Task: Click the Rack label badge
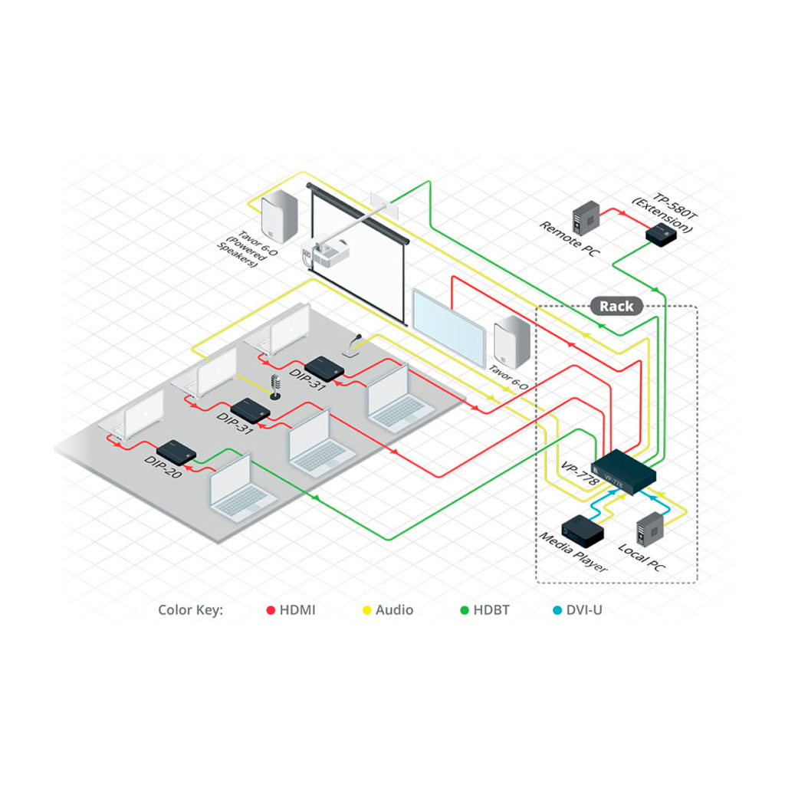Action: [616, 307]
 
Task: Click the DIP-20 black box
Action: [176, 450]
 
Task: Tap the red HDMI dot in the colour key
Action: [270, 611]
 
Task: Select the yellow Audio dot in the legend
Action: [366, 611]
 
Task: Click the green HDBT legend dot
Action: [464, 611]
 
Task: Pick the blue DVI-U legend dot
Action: [557, 611]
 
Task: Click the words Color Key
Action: [190, 611]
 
